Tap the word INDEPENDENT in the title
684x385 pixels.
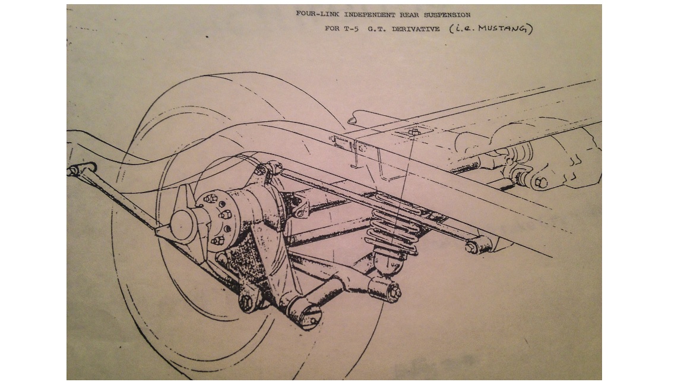point(370,14)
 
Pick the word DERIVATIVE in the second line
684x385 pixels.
point(416,29)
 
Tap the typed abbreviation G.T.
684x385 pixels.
point(376,29)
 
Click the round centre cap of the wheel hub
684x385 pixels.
point(183,224)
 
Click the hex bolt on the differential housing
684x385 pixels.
point(541,182)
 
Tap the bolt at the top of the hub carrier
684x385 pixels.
point(261,170)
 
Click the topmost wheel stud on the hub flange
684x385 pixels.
point(211,198)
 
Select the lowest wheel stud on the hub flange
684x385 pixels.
point(218,241)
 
